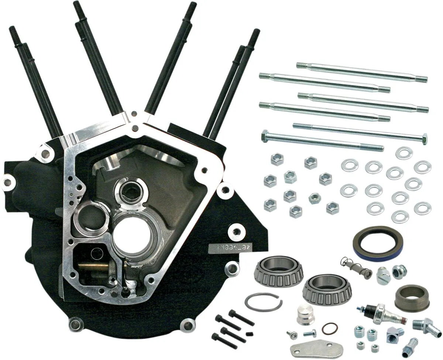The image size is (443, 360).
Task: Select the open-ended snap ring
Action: tap(263, 302)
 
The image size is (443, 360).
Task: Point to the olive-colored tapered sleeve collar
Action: tap(412, 298)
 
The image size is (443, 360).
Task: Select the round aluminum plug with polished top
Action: tap(306, 315)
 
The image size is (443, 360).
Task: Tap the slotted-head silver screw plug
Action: tap(383, 276)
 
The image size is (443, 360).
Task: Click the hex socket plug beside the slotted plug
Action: tap(399, 271)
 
